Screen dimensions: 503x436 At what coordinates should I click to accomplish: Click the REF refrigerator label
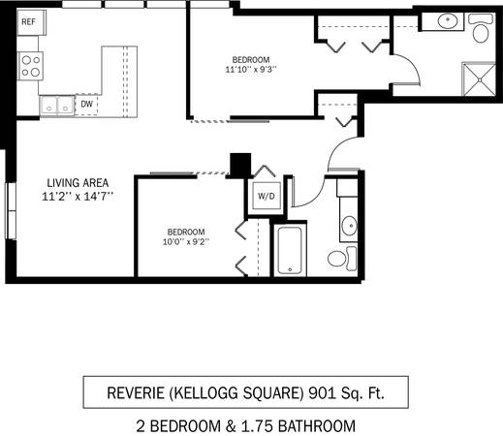(28, 22)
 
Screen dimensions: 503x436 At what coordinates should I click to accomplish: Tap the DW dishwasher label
(86, 104)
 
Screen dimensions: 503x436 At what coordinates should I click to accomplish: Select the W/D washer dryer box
(267, 196)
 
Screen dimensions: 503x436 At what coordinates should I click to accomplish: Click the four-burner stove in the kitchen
(31, 66)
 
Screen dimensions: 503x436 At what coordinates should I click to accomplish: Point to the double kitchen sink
(57, 105)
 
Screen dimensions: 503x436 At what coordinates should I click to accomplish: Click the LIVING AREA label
(78, 183)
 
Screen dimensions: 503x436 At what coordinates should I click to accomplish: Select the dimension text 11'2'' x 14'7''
(78, 196)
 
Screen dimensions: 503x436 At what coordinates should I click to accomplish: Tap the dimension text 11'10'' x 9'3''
(251, 70)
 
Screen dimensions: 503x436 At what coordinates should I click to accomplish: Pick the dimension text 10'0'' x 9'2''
(186, 241)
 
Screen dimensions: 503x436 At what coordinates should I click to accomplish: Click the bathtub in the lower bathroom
(290, 250)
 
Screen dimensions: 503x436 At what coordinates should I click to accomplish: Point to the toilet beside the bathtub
(342, 259)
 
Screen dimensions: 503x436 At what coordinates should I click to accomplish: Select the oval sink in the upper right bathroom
(448, 20)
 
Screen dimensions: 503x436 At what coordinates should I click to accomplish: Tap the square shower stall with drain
(480, 79)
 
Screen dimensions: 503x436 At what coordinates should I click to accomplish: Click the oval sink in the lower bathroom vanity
(350, 226)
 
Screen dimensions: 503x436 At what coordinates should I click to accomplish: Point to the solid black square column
(240, 164)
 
